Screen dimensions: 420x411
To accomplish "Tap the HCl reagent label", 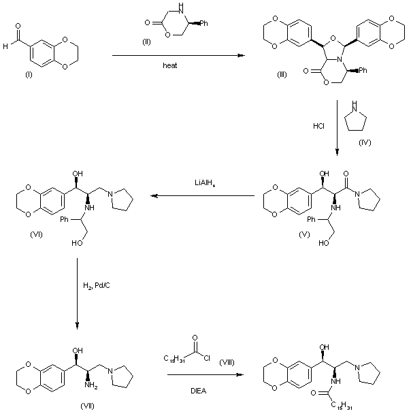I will [318, 126].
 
